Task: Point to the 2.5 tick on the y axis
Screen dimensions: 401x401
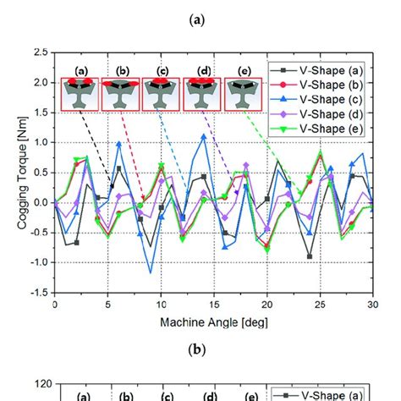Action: [39, 52]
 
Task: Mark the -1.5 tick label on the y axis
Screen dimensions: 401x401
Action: [37, 293]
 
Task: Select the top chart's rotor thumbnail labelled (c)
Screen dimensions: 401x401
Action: [159, 94]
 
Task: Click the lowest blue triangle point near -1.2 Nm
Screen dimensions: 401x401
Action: [151, 272]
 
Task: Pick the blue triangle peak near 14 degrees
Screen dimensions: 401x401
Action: [203, 136]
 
